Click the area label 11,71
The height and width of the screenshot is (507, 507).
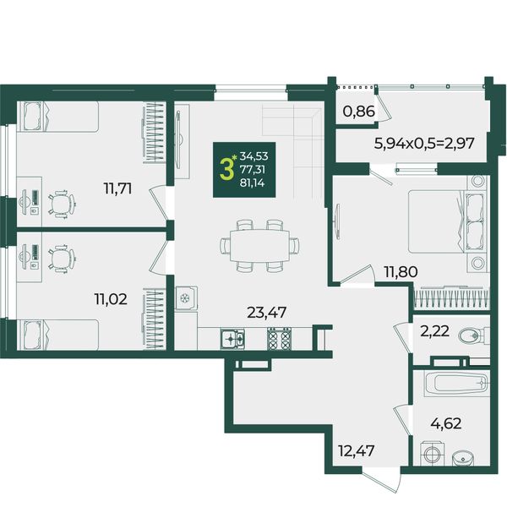117,188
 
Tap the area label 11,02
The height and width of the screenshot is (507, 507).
111,299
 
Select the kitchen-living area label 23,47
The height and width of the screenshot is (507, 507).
267,313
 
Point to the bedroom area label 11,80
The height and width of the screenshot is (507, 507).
401,271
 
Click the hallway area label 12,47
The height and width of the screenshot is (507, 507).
357,450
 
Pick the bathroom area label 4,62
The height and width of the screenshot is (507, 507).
446,423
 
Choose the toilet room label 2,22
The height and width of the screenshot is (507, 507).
435,331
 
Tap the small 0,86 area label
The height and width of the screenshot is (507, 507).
359,112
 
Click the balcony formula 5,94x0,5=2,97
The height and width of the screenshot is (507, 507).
424,143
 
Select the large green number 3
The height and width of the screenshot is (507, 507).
226,170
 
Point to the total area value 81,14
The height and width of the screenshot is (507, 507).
252,183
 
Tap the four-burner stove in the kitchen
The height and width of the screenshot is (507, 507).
279,338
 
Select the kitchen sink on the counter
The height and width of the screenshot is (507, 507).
232,339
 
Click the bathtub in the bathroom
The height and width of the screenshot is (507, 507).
455,384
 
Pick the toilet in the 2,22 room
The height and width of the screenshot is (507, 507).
473,335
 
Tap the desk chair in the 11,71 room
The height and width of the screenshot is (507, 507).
62,204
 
